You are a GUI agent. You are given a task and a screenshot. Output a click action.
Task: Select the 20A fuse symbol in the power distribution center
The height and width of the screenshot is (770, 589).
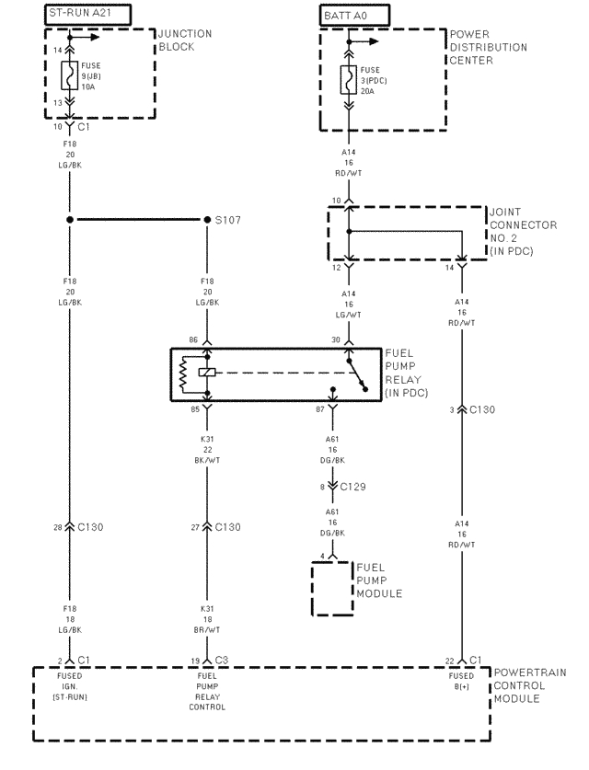pyautogui.click(x=347, y=82)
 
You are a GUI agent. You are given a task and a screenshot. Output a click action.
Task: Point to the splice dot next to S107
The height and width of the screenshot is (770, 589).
pyautogui.click(x=206, y=221)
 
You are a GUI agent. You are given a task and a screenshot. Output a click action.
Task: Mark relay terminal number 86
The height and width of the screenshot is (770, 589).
pyautogui.click(x=194, y=340)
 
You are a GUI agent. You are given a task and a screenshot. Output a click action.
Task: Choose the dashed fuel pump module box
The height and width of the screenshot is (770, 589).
pyautogui.click(x=332, y=586)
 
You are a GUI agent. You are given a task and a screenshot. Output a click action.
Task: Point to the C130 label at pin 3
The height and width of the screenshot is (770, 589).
pyautogui.click(x=481, y=409)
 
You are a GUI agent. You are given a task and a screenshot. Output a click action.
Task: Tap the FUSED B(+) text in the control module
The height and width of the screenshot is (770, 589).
pyautogui.click(x=460, y=681)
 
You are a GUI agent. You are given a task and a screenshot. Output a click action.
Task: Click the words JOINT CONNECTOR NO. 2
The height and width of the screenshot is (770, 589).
pyautogui.click(x=521, y=224)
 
